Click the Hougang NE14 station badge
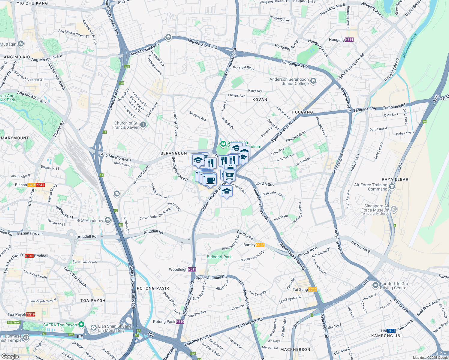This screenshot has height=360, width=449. coord(349,40)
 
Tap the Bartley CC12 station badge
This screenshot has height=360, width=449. coord(260,245)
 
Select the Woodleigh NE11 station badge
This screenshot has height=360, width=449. coord(192,269)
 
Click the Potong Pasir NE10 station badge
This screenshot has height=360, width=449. coord(180,322)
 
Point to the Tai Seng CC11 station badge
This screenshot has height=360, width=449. coord(312,289)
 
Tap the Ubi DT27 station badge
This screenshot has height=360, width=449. coord(391,331)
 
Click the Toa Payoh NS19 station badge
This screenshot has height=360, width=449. coord(31,314)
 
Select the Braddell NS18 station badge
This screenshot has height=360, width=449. coord(29,256)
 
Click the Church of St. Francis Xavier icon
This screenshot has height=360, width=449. coord(143,125)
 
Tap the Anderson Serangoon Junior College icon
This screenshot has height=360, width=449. coord(313,81)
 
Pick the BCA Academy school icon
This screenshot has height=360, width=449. coord(108,220)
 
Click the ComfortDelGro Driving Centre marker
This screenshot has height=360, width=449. coord(375,285)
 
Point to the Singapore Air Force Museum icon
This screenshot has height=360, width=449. coord(394,209)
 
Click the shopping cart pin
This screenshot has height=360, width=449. coord(229,175)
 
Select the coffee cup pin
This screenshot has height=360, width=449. coord(211,180)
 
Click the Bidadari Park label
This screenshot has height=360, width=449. coord(219,257)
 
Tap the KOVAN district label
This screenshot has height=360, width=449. coord(260,100)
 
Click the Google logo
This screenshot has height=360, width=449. coord(10,356)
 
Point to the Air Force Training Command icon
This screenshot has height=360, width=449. coord(392,187)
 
